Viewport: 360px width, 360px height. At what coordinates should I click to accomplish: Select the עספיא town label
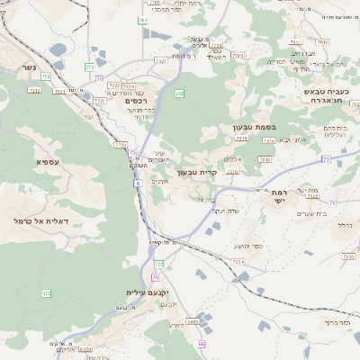click(x=48, y=162)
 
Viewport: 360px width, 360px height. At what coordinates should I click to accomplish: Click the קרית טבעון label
click(x=199, y=172)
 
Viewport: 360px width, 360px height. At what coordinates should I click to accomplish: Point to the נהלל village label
click(x=344, y=225)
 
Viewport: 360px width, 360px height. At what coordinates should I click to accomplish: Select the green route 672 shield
click(x=47, y=293)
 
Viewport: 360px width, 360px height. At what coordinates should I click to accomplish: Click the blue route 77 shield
click(x=326, y=159)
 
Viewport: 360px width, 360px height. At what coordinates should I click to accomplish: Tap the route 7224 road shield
click(x=238, y=261)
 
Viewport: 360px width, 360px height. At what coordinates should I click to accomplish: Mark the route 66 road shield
click(x=202, y=344)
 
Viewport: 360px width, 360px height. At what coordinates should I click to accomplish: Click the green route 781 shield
click(x=142, y=20)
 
